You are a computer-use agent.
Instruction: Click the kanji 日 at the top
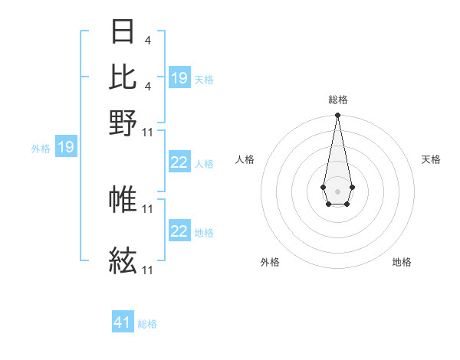[123, 32]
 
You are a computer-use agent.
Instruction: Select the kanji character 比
[123, 77]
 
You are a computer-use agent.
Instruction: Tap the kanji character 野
[123, 123]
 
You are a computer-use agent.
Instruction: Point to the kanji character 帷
[123, 199]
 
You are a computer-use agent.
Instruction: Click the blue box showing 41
[123, 322]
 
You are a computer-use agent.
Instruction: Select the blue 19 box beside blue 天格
[179, 78]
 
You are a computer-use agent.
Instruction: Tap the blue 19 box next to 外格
[65, 147]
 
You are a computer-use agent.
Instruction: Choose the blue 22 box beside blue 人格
[179, 162]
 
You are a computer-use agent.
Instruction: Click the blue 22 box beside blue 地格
[179, 231]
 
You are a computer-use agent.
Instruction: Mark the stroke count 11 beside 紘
[148, 270]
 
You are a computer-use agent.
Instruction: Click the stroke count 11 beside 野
[148, 132]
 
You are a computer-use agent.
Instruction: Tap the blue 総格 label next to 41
[147, 324]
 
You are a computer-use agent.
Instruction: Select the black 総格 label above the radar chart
[337, 100]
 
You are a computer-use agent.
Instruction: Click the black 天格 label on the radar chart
[431, 159]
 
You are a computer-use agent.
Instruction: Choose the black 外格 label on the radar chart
[270, 262]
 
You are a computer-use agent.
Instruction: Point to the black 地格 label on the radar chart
[402, 262]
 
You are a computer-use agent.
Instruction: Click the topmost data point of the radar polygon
[337, 116]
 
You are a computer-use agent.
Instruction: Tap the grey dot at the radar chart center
[337, 190]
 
